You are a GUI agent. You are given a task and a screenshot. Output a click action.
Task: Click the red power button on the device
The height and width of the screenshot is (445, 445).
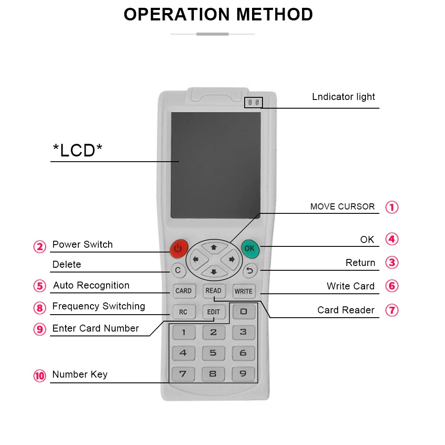(178, 248)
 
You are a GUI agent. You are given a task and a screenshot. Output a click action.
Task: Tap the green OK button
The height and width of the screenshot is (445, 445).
(249, 248)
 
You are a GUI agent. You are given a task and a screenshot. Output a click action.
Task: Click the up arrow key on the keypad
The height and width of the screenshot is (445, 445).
(213, 247)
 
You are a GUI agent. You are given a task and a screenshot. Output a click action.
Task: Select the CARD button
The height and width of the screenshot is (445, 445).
(183, 291)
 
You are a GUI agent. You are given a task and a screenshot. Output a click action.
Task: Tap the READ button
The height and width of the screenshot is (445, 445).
(213, 291)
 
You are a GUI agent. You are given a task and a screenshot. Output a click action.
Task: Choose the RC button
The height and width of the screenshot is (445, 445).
(183, 312)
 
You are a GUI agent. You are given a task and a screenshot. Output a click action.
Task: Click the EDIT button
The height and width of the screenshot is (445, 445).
(213, 312)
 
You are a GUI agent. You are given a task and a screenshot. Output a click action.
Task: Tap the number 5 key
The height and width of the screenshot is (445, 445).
(213, 353)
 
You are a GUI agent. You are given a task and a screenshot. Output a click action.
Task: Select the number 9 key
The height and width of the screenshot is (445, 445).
(243, 373)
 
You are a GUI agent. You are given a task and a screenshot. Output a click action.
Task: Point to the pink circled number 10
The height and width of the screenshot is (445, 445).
(40, 375)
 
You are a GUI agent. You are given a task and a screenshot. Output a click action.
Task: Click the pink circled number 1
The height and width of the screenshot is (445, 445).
(392, 207)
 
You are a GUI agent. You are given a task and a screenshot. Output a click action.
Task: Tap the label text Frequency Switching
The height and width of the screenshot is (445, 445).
(99, 306)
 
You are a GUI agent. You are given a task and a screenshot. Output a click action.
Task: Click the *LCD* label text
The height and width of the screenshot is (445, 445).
(78, 151)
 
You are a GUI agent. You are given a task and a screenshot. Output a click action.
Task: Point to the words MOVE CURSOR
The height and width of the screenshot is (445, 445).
(342, 207)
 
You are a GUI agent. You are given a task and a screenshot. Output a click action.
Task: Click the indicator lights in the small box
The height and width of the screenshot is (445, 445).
(253, 103)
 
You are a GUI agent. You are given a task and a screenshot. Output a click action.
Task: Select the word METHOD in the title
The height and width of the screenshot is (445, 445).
(275, 15)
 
